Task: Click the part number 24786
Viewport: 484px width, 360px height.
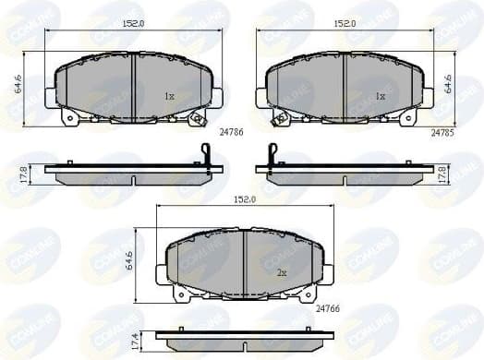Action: (230, 133)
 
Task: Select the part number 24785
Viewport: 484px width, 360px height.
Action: (443, 133)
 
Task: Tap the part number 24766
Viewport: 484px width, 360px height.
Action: (330, 309)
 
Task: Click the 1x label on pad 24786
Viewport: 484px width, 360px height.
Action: (169, 96)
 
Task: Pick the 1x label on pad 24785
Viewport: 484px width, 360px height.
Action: (380, 96)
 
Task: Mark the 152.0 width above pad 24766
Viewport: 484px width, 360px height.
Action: (244, 199)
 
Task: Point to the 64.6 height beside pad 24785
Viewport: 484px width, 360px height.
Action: (446, 88)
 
